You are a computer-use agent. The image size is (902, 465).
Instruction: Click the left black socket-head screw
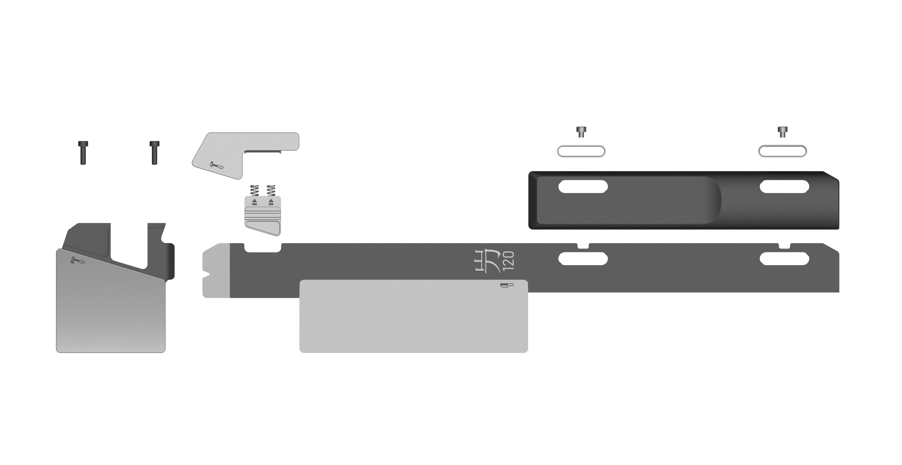point(83,153)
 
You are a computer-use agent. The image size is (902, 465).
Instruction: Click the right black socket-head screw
point(155,153)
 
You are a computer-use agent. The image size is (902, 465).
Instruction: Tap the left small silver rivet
point(581,132)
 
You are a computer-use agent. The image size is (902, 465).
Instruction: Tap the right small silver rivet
point(783,132)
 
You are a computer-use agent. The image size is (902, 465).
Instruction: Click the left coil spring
point(255,190)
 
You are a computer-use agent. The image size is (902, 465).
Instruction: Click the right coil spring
point(271,190)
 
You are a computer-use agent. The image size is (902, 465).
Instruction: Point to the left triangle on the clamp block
point(255,202)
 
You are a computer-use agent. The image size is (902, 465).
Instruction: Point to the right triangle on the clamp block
point(271,202)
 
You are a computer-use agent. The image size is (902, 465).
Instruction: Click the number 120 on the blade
point(508,261)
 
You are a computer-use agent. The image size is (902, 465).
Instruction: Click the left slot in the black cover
point(583,186)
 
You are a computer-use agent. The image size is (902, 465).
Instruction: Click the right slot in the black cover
point(784,186)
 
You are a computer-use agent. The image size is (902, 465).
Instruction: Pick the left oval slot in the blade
point(583,259)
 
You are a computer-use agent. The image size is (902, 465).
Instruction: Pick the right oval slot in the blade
point(784,259)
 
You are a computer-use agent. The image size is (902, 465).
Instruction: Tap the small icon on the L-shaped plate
point(216,165)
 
